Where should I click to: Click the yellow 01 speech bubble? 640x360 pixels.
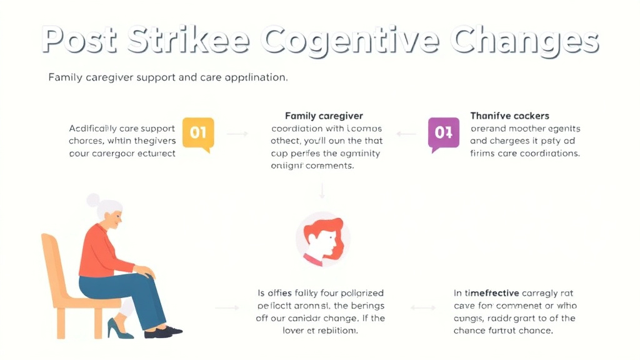(x=197, y=132)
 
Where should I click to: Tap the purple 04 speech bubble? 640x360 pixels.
(x=443, y=132)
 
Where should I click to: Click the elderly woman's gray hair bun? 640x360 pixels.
(x=93, y=201)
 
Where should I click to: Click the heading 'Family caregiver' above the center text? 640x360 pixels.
(x=324, y=116)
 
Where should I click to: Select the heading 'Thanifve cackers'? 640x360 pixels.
(x=509, y=116)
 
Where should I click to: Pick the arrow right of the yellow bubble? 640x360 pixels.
(x=237, y=134)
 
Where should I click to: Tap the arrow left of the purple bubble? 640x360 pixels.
(x=406, y=134)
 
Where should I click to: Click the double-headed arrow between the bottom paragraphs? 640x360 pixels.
(x=423, y=307)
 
